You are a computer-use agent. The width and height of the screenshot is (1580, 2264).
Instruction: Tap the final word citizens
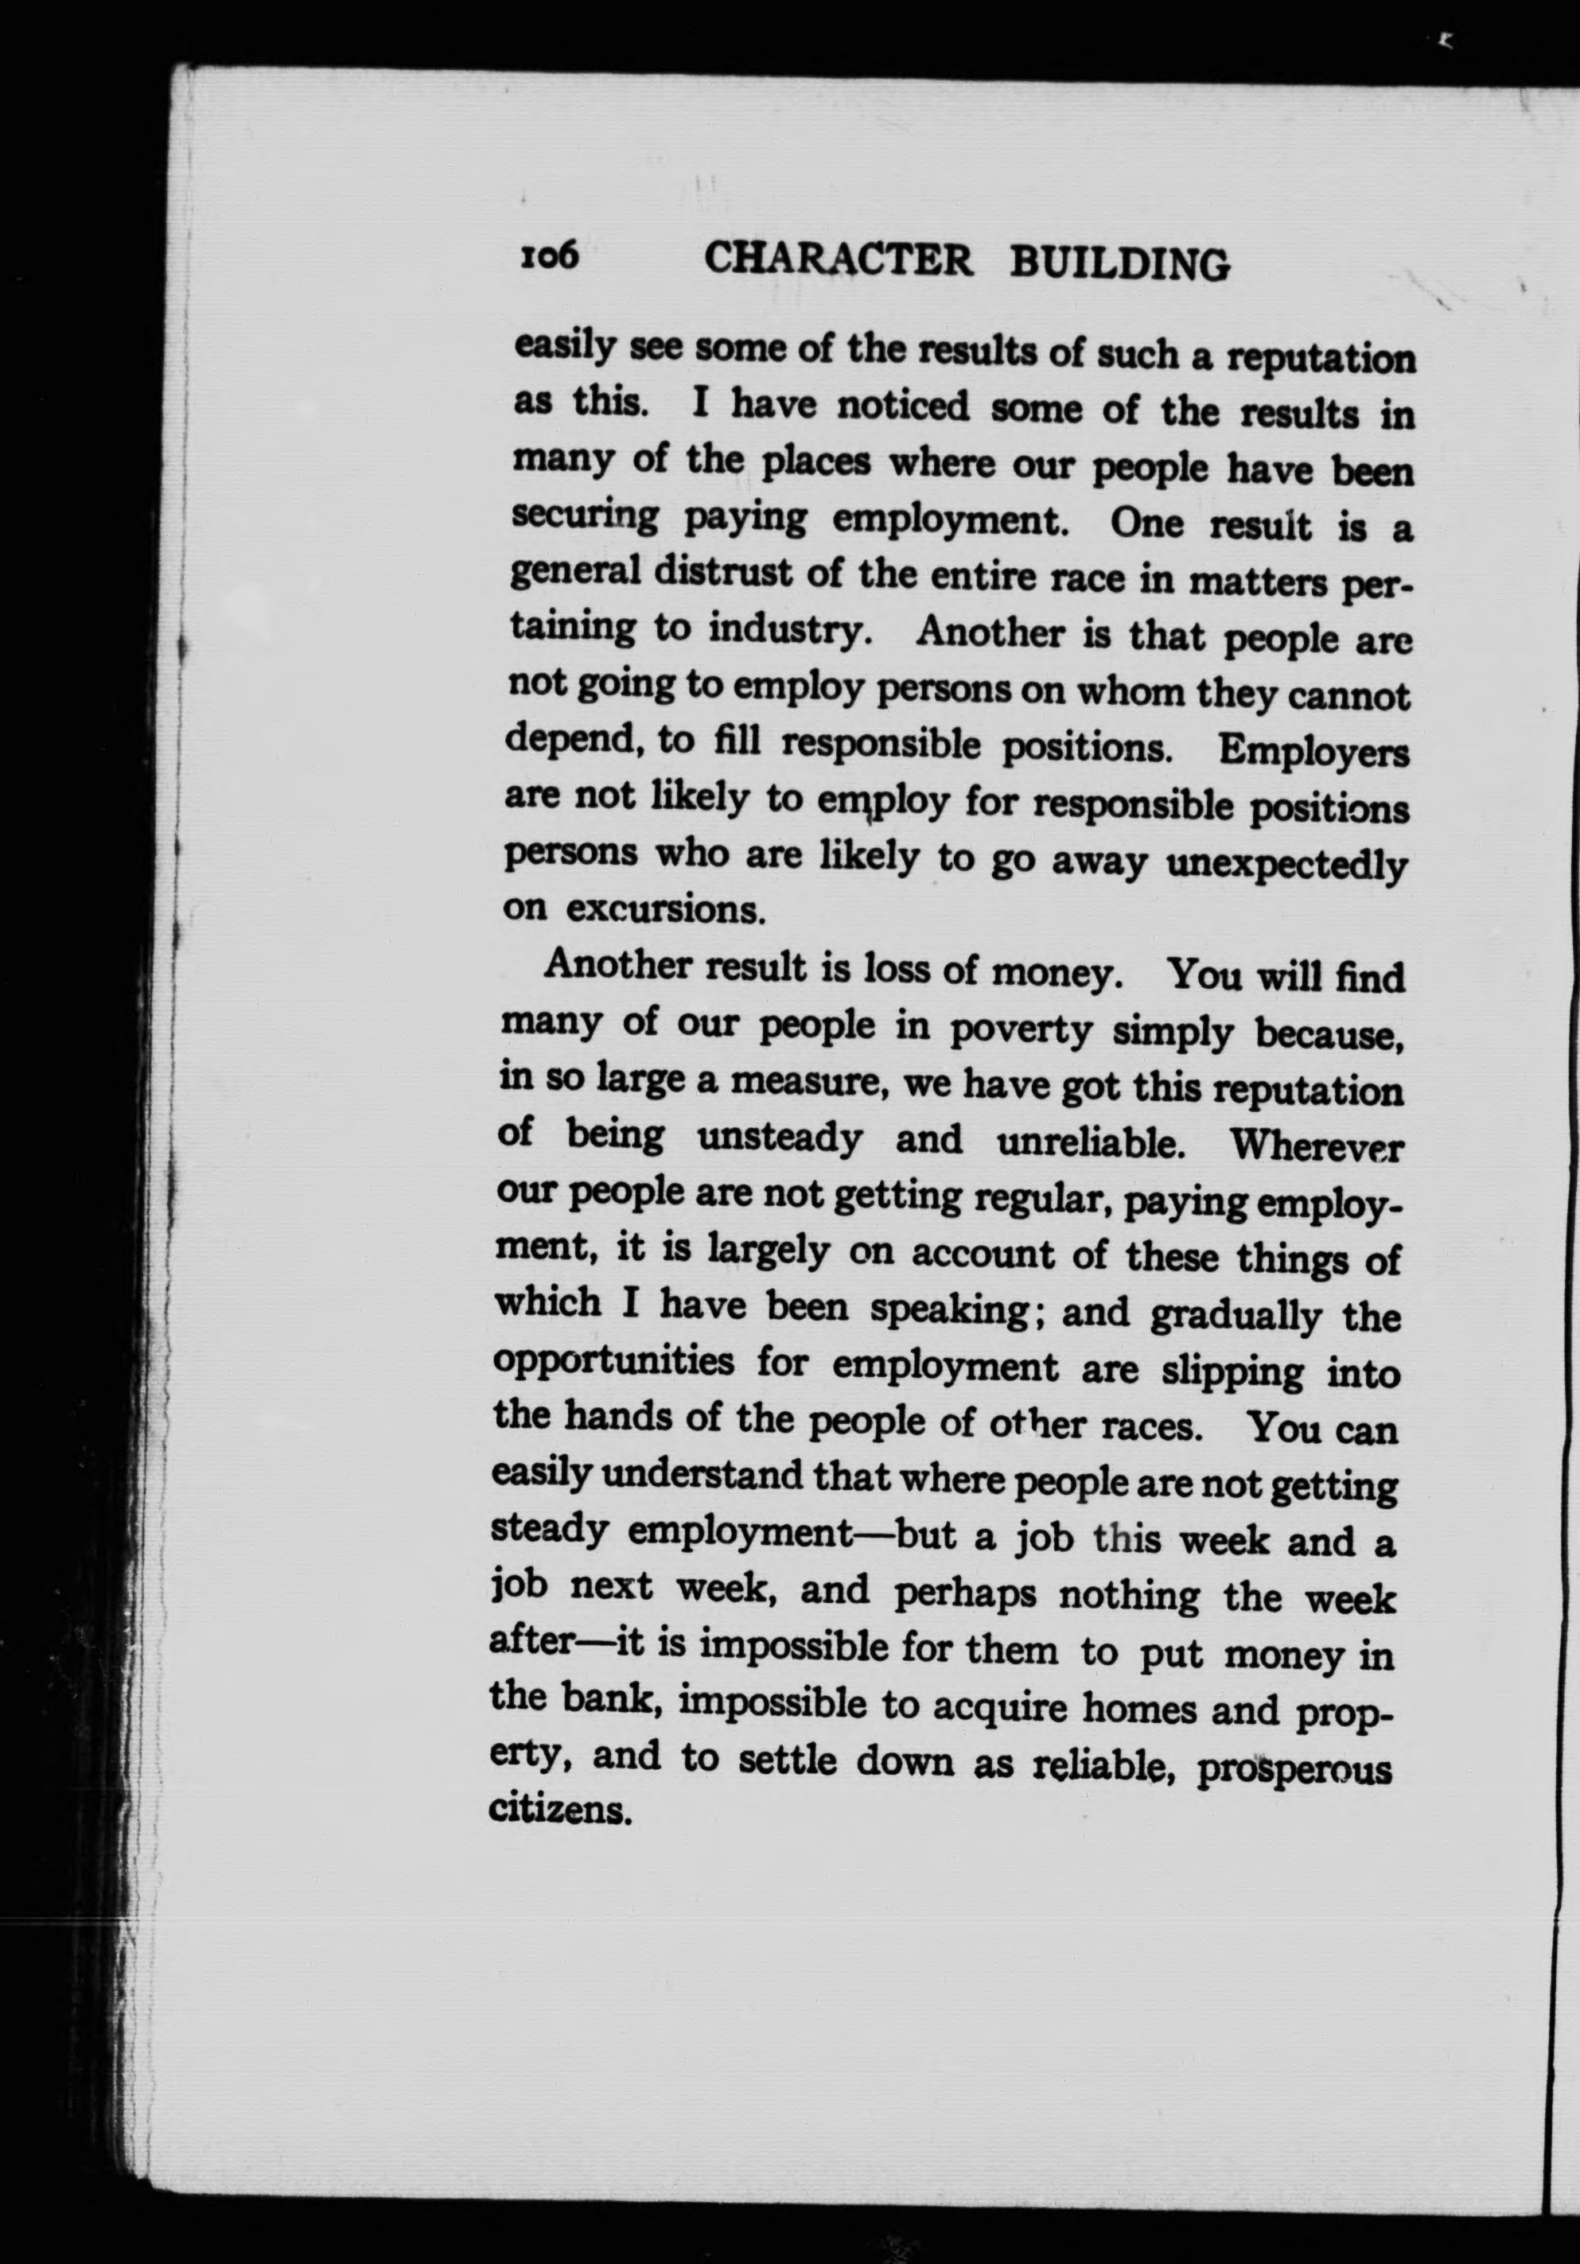click(x=559, y=1811)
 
